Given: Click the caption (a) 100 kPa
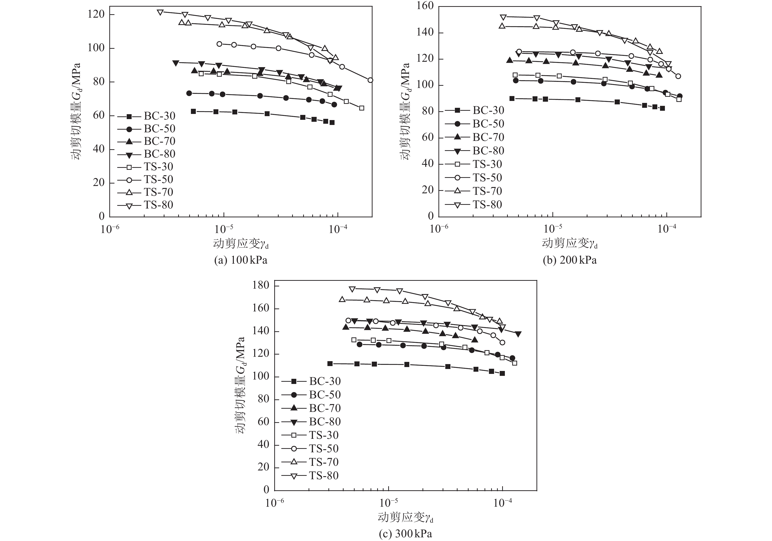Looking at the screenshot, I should click(x=241, y=260).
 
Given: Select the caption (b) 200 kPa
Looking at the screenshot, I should click(x=570, y=260).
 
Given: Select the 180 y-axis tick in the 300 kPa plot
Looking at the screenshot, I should click(x=261, y=285).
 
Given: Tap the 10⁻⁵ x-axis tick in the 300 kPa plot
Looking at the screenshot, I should click(x=389, y=503).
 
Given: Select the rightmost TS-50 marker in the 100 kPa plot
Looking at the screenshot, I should click(x=370, y=80).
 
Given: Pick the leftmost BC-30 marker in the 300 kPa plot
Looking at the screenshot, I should click(x=330, y=363).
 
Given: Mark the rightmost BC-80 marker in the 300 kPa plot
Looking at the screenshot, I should click(x=518, y=334).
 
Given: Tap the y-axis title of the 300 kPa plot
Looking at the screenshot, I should click(x=240, y=385).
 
